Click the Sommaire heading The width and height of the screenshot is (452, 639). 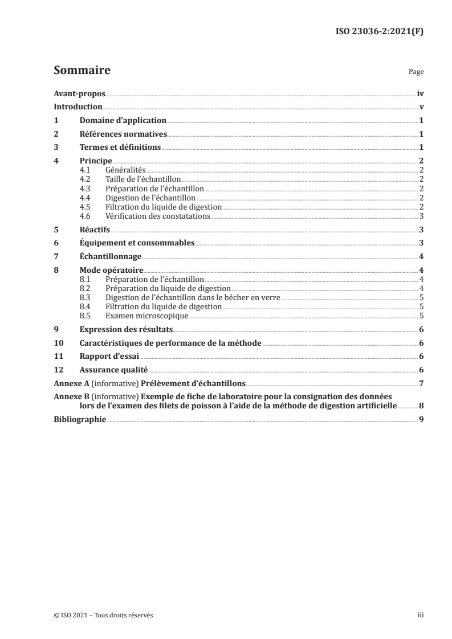tap(82, 71)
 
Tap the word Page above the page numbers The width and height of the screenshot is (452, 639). tap(416, 73)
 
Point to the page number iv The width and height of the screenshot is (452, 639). tap(420, 93)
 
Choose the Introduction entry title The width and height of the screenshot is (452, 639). tap(78, 106)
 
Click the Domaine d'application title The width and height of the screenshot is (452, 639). tap(123, 120)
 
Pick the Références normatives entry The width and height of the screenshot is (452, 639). tap(123, 134)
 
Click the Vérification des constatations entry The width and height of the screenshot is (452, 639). tap(158, 216)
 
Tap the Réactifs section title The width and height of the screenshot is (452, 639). tap(95, 230)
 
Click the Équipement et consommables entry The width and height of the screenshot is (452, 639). tap(137, 243)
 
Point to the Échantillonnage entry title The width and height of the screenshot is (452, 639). tap(111, 257)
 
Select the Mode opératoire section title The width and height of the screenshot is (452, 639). tap(112, 270)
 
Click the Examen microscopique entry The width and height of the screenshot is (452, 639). tap(147, 315)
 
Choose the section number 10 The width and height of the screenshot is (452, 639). tap(58, 342)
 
